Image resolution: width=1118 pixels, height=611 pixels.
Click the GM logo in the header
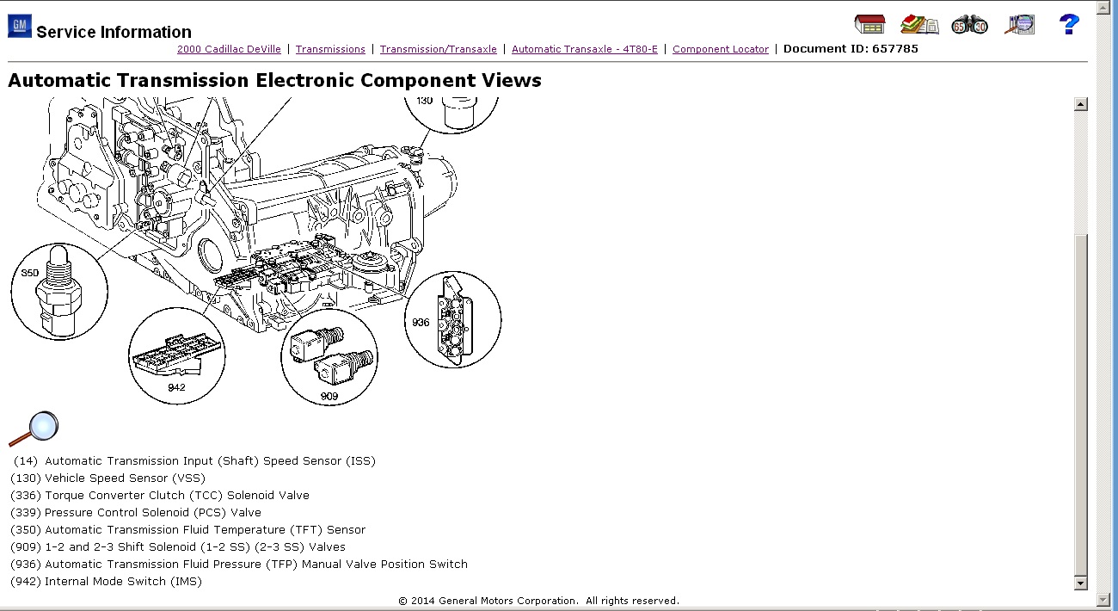(19, 26)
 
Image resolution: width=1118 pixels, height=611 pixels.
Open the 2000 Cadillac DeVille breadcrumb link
(229, 49)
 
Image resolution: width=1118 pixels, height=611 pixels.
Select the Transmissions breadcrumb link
(330, 49)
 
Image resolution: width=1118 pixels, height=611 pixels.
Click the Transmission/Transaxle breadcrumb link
(438, 49)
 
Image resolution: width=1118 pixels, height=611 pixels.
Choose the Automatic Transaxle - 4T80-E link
(584, 49)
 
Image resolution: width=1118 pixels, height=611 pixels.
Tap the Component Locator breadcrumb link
(720, 49)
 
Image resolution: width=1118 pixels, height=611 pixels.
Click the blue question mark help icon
(1068, 24)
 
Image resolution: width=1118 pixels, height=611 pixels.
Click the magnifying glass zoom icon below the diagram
(34, 429)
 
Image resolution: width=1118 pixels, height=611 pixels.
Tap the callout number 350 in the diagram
(31, 273)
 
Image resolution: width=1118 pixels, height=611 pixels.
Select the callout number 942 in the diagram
(176, 387)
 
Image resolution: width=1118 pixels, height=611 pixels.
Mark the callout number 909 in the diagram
(329, 397)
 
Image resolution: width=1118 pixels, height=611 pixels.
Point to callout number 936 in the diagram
(421, 323)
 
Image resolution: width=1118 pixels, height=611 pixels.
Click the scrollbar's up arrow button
(1081, 104)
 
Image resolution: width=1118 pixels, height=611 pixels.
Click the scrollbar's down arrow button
(1081, 583)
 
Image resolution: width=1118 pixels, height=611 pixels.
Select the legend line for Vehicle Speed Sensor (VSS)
(107, 478)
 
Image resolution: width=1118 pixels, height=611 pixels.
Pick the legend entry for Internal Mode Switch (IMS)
(106, 581)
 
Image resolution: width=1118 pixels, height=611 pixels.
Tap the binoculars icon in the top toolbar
(969, 24)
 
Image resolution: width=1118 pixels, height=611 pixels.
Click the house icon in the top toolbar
(869, 24)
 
